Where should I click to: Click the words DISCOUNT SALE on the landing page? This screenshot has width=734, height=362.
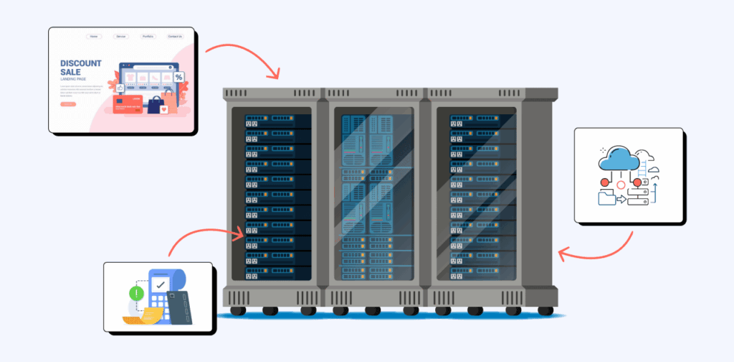(x=81, y=68)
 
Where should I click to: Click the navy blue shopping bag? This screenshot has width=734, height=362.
(x=154, y=105)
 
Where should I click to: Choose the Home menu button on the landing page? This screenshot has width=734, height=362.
(x=94, y=36)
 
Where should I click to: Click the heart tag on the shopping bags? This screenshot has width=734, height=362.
(x=164, y=110)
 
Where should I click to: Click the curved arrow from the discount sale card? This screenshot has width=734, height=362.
(x=243, y=57)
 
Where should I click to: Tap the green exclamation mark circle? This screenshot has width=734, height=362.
(x=134, y=292)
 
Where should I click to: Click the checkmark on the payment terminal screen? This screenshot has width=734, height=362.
(x=161, y=285)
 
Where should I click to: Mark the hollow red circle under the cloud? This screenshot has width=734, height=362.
(x=620, y=189)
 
